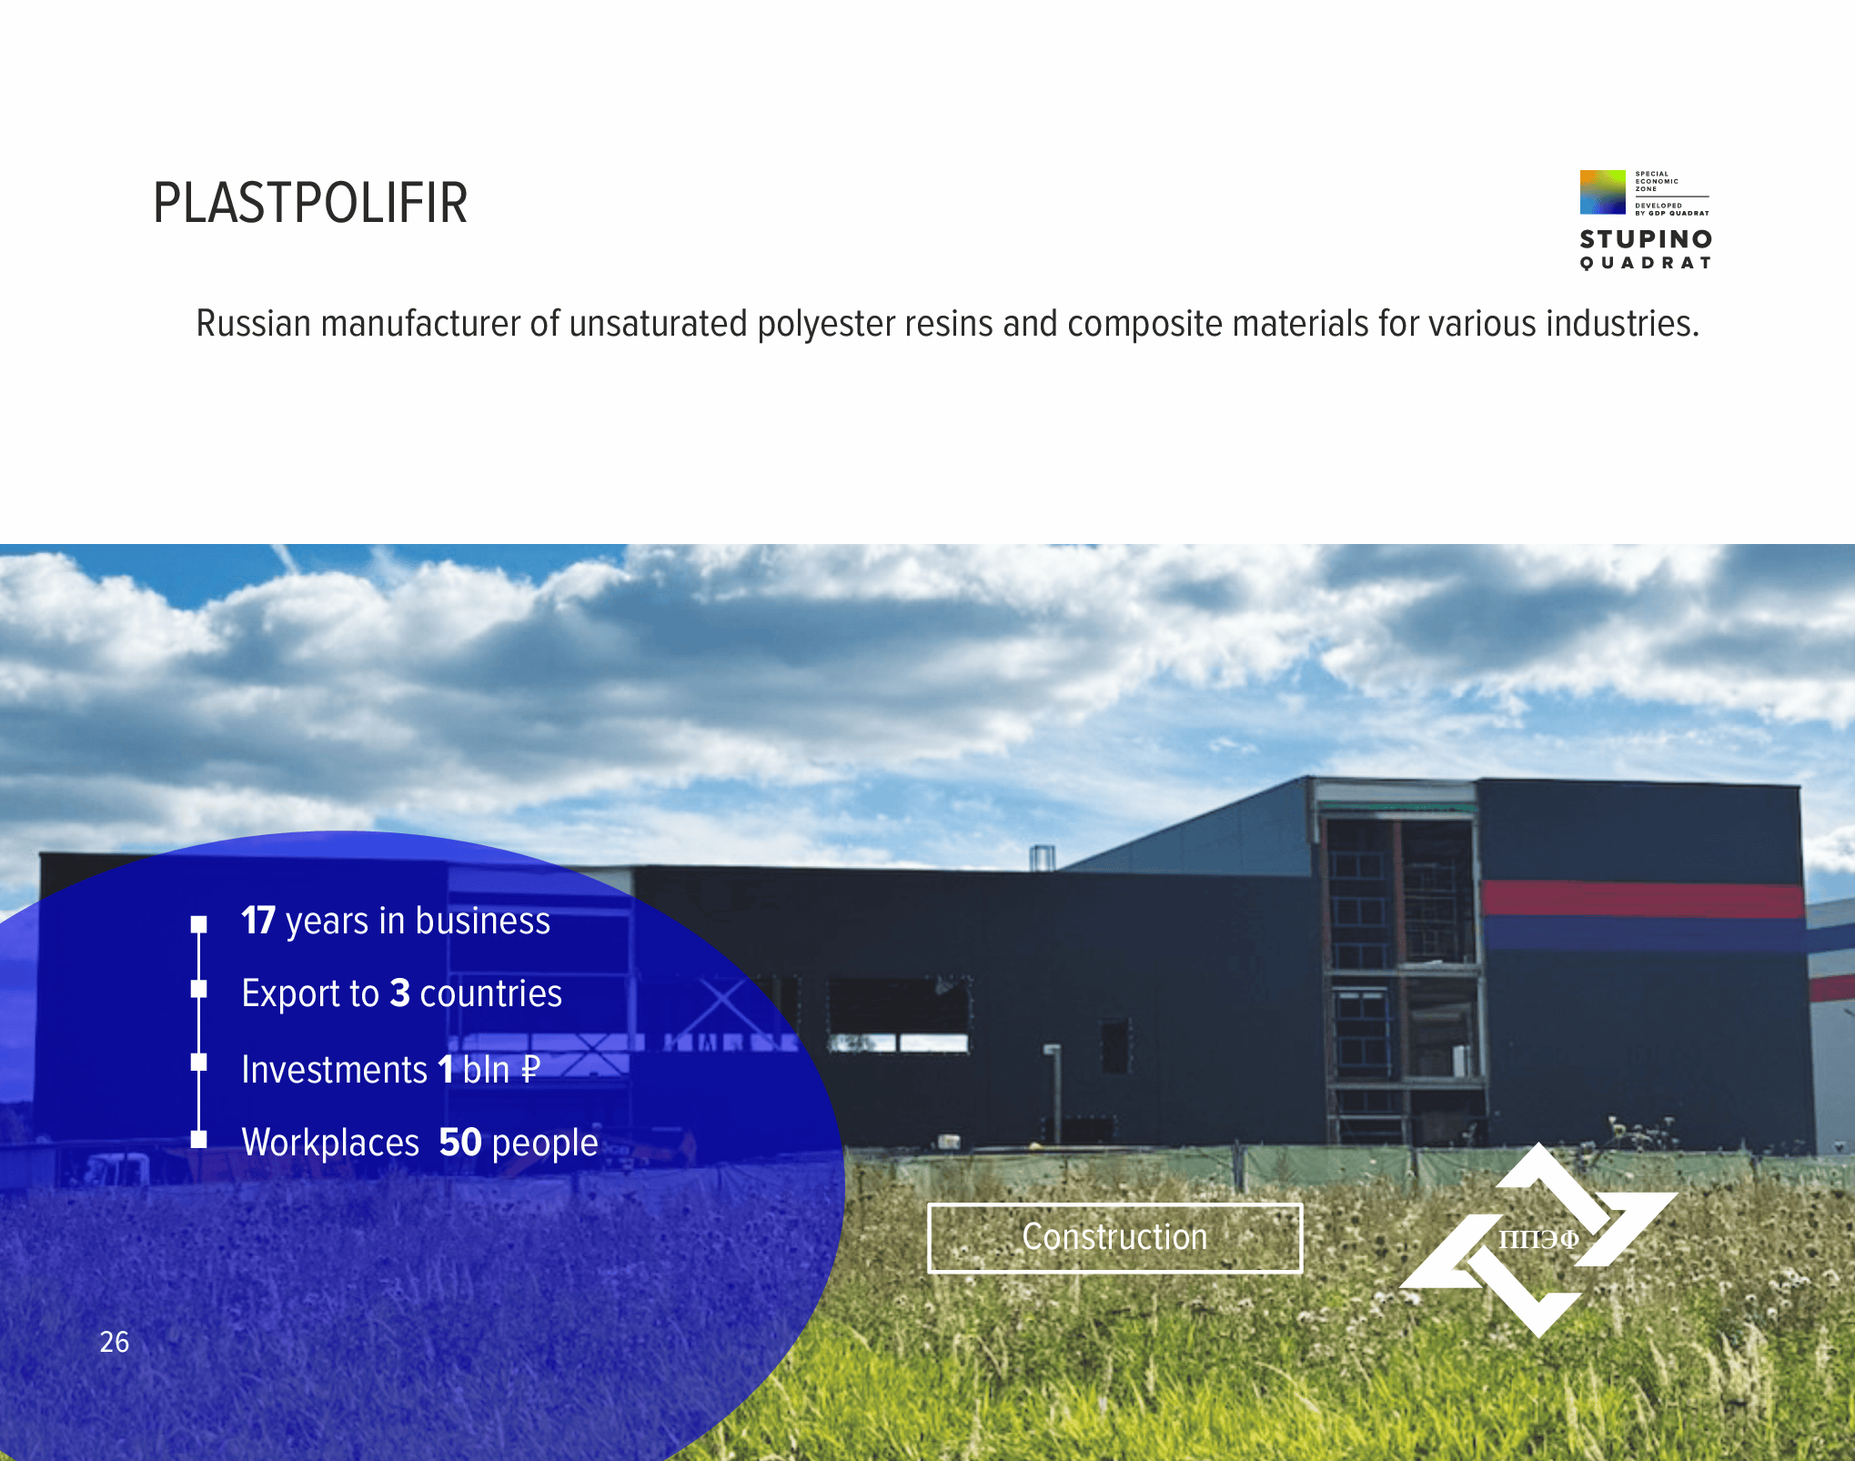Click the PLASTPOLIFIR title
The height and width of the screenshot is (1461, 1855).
point(310,203)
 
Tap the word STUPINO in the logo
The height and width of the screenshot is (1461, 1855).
point(1646,239)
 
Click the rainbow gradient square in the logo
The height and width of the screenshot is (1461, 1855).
point(1603,192)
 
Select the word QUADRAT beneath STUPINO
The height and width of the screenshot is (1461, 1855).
point(1646,263)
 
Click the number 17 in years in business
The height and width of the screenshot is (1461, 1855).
point(258,921)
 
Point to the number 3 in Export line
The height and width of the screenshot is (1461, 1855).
point(400,993)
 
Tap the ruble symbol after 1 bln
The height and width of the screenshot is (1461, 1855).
point(529,1070)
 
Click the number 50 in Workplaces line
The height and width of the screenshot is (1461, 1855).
point(460,1143)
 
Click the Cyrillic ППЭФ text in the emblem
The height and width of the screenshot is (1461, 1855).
point(1538,1239)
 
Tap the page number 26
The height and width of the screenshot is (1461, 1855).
point(115,1342)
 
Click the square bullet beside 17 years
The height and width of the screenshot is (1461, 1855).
point(199,924)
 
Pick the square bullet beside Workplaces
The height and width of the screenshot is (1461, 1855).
point(199,1139)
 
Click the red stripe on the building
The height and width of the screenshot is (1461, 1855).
point(1643,898)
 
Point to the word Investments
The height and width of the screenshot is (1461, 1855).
point(335,1070)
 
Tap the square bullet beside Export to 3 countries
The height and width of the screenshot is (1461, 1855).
point(199,989)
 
